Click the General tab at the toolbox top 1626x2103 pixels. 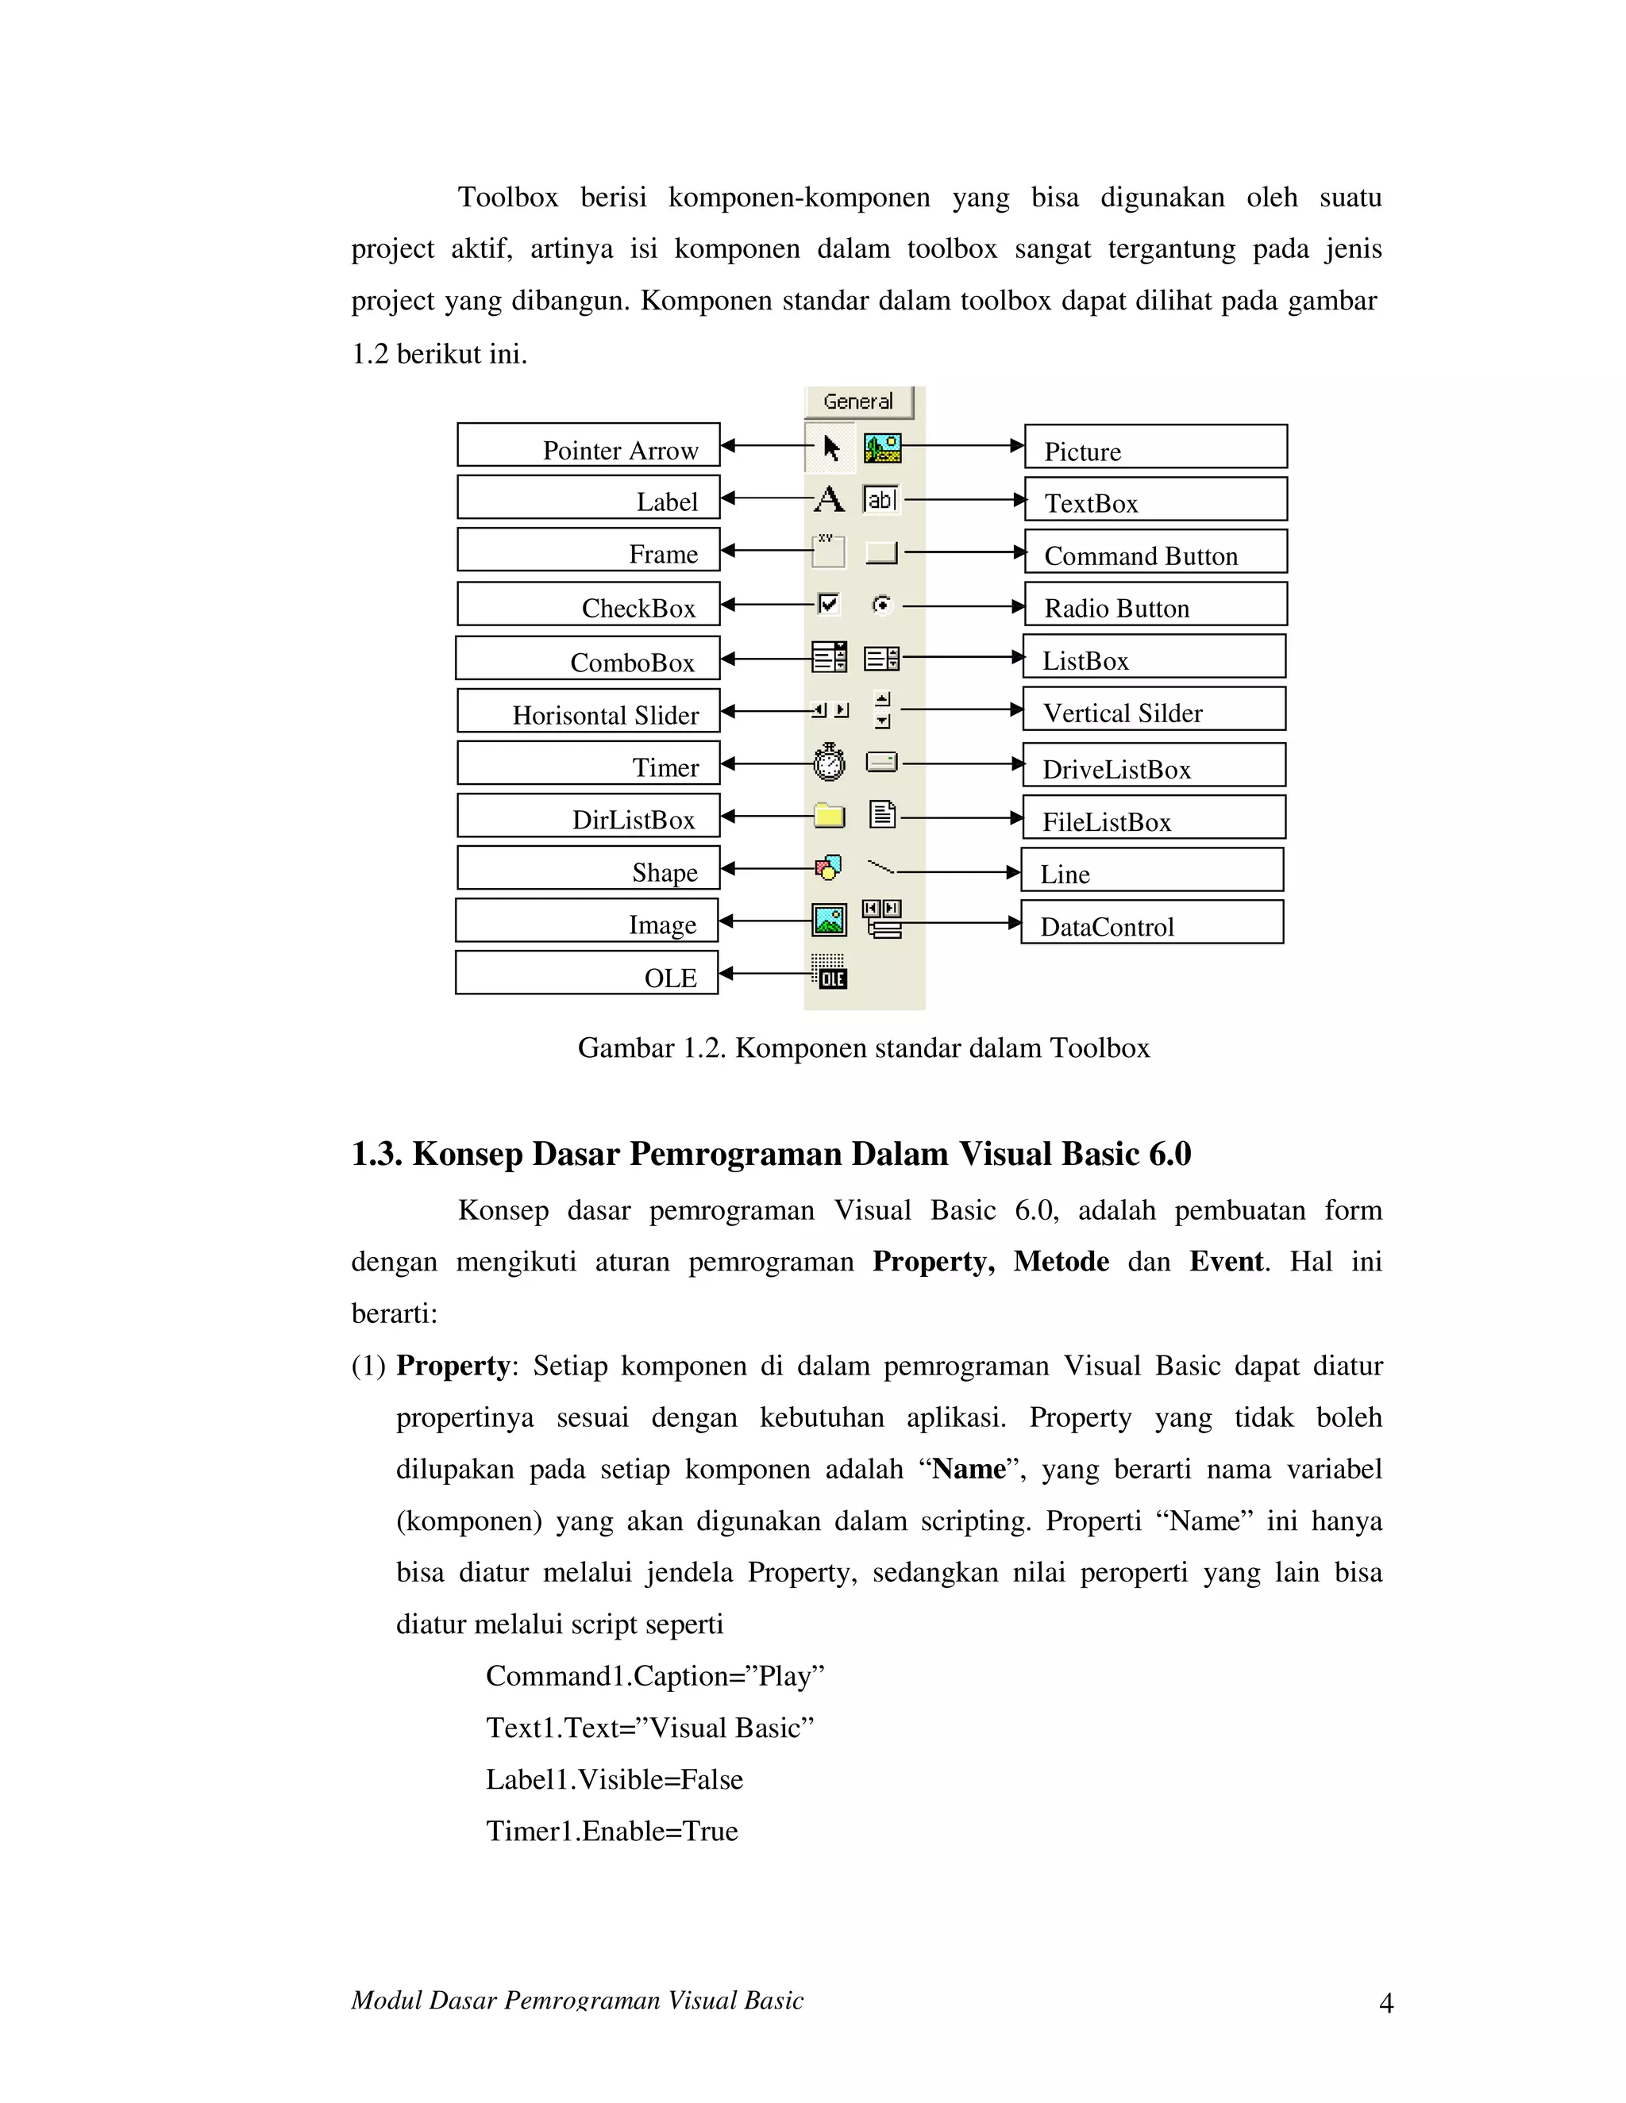click(x=857, y=402)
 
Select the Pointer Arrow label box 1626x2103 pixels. click(x=588, y=445)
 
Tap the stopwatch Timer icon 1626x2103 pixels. click(x=828, y=763)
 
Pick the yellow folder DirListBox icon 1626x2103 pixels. click(x=828, y=817)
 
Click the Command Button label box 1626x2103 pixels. click(x=1155, y=552)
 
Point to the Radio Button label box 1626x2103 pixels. click(x=1155, y=605)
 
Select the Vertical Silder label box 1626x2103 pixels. click(x=1153, y=709)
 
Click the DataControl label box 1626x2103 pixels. click(x=1152, y=922)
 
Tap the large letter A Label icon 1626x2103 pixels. click(x=828, y=499)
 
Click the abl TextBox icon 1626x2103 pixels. click(x=880, y=499)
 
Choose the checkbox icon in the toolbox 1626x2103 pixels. click(x=828, y=604)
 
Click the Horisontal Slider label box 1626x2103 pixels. click(x=588, y=710)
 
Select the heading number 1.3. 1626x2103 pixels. click(x=376, y=1154)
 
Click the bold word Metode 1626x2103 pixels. click(x=1061, y=1262)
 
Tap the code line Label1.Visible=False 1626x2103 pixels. click(x=614, y=1778)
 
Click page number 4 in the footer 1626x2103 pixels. click(x=1386, y=2004)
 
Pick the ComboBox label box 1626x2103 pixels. click(x=588, y=659)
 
